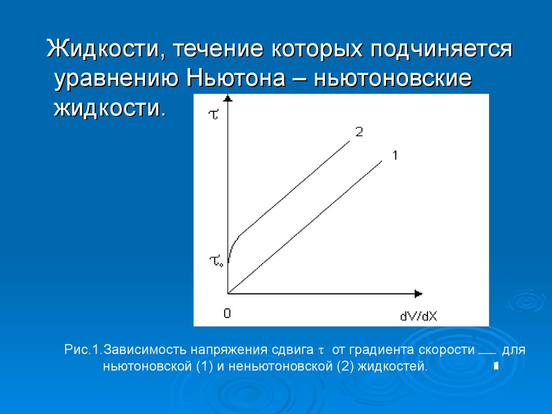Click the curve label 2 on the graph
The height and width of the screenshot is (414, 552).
tap(358, 132)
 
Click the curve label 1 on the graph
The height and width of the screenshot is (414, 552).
tap(395, 155)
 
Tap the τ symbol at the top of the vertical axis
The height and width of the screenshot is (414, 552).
tap(213, 114)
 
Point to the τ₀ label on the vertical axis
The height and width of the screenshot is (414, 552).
tap(216, 261)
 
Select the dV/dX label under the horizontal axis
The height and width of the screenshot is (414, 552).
tap(418, 316)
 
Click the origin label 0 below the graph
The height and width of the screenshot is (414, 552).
tap(227, 313)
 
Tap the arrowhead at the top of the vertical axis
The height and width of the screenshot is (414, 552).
tap(228, 98)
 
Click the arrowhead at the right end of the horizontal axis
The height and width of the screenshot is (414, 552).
tap(418, 294)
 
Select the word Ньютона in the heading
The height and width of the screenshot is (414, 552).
tap(236, 78)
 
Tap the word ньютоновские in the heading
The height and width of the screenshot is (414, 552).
tap(392, 78)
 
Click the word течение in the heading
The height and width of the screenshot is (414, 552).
tap(218, 49)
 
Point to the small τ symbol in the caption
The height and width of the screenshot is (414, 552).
tap(321, 351)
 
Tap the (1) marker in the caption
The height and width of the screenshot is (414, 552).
tap(204, 366)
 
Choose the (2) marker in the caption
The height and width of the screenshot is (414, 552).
tap(346, 366)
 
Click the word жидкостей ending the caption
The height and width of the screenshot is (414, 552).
tap(392, 367)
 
